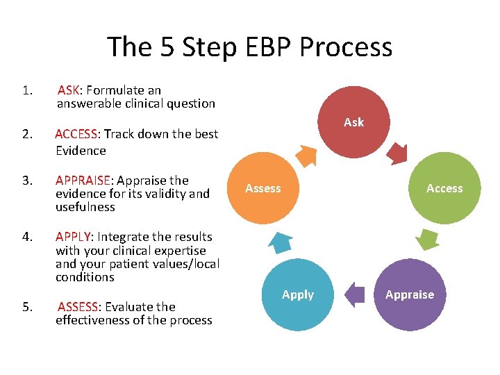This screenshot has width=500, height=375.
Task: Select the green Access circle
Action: point(444,188)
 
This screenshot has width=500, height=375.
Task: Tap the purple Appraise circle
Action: point(410,294)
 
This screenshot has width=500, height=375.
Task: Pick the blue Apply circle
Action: point(299,294)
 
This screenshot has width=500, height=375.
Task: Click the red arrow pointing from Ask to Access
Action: point(398,152)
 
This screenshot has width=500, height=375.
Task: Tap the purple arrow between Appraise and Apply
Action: point(355,294)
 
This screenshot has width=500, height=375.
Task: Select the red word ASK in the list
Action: point(69,90)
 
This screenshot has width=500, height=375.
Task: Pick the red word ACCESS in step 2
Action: point(78,134)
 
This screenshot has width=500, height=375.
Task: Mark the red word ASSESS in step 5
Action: point(78,307)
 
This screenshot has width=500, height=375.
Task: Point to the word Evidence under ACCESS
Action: point(81,151)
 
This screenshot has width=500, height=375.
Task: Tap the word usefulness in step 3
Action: point(85,207)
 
